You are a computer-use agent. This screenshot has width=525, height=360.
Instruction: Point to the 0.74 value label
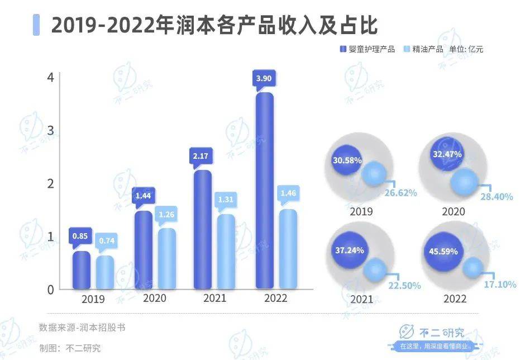point(104,240)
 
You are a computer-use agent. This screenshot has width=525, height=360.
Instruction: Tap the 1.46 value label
point(288,194)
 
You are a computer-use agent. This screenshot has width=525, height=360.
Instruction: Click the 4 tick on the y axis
point(50,77)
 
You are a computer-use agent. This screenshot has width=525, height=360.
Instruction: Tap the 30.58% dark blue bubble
point(347,160)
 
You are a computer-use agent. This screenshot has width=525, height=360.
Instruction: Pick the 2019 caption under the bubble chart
point(361,212)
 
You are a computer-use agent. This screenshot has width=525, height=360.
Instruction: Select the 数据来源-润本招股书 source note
point(82,328)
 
